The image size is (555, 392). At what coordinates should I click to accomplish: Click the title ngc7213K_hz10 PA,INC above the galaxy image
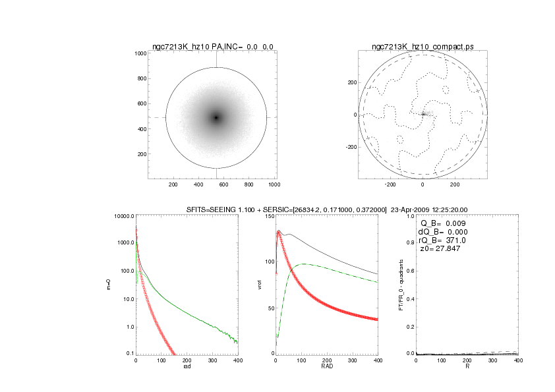point(212,46)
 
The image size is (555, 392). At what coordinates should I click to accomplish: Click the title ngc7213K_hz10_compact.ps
point(423,46)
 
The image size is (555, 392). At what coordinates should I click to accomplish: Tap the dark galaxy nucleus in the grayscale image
point(216,118)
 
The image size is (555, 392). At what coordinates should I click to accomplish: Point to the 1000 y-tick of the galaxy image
point(140,53)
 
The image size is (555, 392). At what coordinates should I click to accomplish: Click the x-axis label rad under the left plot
point(187,367)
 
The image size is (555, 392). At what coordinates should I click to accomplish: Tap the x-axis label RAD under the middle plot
point(326,367)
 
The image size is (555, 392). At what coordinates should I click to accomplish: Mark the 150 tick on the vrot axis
point(268,216)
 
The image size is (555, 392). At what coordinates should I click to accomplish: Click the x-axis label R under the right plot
point(467,367)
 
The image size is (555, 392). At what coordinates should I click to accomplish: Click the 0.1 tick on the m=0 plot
point(129,354)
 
